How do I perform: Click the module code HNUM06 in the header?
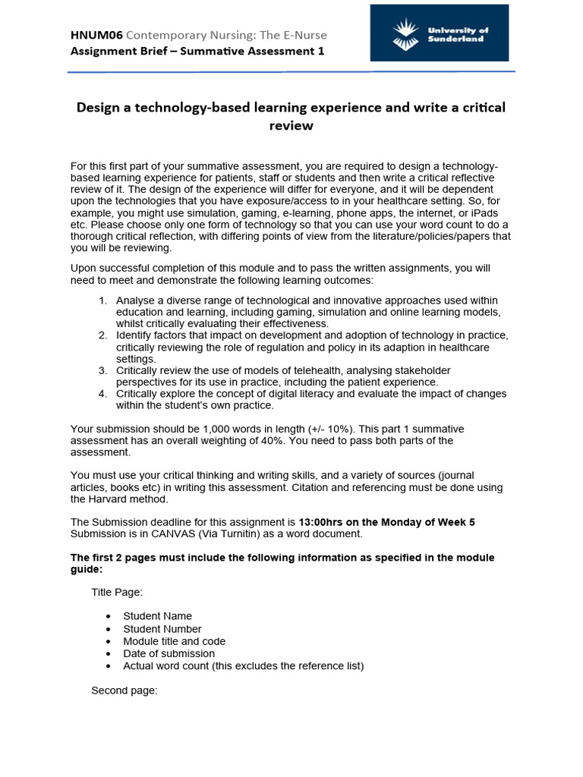click(x=96, y=35)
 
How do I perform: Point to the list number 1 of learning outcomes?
click(x=102, y=300)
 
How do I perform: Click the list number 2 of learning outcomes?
click(x=102, y=335)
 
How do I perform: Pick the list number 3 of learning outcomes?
click(x=102, y=370)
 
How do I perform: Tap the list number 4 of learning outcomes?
click(x=102, y=394)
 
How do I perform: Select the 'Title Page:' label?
click(x=117, y=592)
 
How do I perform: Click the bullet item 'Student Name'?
click(x=157, y=616)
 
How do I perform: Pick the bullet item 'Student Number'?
click(x=162, y=628)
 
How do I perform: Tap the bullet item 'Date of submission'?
click(x=169, y=653)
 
